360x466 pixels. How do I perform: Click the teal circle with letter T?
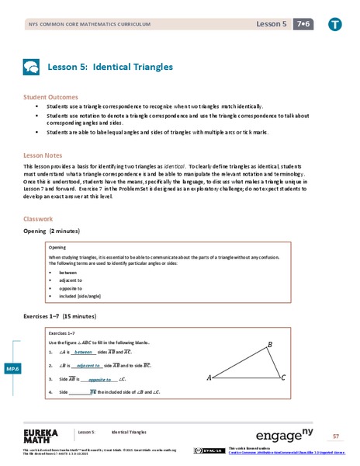coord(336,24)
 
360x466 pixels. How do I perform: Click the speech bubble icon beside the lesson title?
coord(31,68)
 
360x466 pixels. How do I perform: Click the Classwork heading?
coord(39,219)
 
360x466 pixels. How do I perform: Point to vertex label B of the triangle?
coord(269,344)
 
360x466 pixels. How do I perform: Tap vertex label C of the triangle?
coord(283,377)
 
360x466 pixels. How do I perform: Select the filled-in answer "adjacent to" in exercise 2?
coord(90,364)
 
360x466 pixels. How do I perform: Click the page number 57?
coord(336,436)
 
